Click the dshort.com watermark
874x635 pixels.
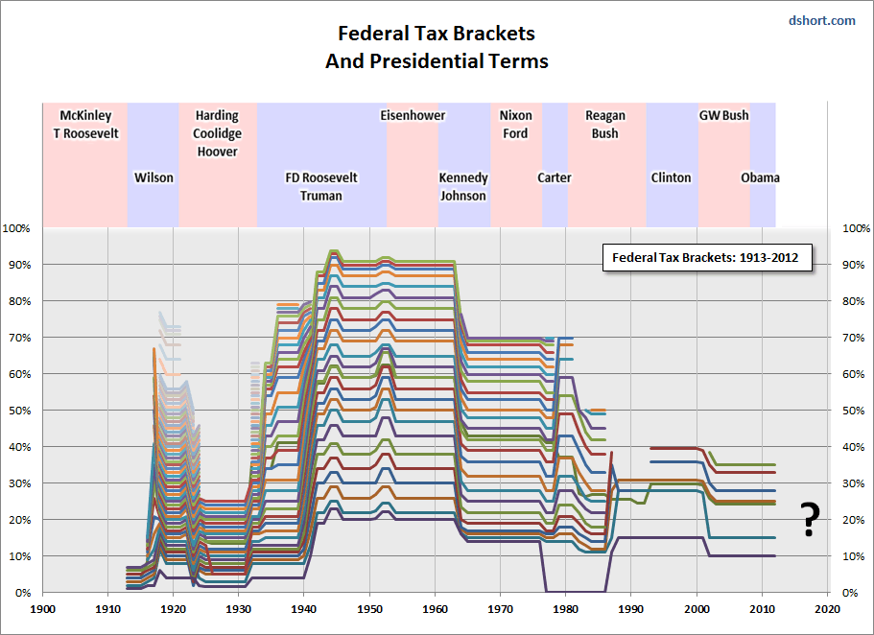point(821,20)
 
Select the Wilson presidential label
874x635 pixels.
point(154,177)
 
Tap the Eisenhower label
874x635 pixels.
point(413,115)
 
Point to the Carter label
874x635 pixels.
point(555,177)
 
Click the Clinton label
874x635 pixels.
point(671,177)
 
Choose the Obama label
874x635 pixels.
point(760,177)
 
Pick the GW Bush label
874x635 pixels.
point(723,115)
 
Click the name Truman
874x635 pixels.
point(320,196)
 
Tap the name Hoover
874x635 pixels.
point(216,152)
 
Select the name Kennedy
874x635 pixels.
point(463,177)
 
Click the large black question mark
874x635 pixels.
point(811,519)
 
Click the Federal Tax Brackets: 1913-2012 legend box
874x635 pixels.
point(708,258)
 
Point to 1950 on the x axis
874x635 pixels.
point(370,608)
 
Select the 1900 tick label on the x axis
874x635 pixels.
point(42,608)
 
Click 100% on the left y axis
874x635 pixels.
point(19,228)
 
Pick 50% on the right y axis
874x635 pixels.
point(853,411)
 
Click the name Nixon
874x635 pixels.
point(516,115)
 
